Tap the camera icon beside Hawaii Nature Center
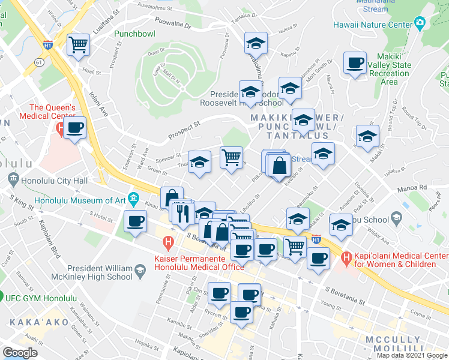[x=420, y=24]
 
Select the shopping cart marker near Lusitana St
[x=79, y=45]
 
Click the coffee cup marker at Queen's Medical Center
[x=75, y=128]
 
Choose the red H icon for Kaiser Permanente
[x=168, y=243]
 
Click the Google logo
[x=20, y=353]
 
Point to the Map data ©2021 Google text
[x=411, y=355]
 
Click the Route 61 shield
[x=40, y=62]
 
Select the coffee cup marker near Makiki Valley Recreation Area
[x=355, y=63]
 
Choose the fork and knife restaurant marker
[x=183, y=212]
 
